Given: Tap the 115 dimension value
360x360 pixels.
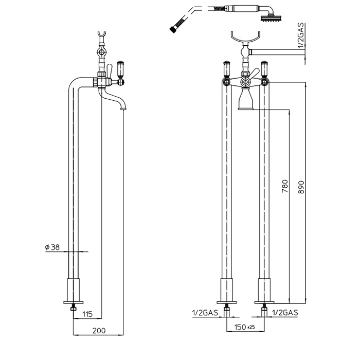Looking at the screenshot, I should pyautogui.click(x=87, y=314).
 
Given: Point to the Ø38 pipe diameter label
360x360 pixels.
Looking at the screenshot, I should pyautogui.click(x=53, y=247).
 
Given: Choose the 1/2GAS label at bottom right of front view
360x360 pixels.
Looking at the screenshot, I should pyautogui.click(x=284, y=312).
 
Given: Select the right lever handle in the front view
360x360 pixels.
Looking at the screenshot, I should pyautogui.click(x=265, y=70).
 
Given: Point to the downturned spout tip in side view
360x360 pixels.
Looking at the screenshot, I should pyautogui.click(x=122, y=107).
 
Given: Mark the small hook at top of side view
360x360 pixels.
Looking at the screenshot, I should pyautogui.click(x=102, y=38).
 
